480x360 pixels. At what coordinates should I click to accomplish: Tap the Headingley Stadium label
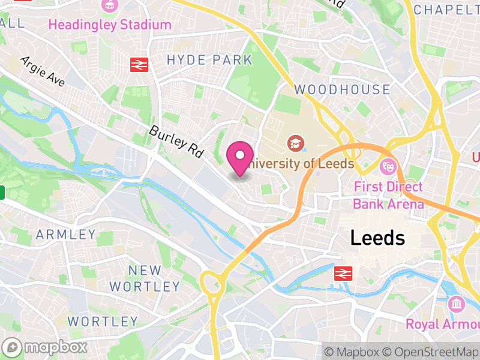(110, 25)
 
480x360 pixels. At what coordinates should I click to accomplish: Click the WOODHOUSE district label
(342, 90)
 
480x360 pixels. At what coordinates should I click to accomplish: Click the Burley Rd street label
(175, 142)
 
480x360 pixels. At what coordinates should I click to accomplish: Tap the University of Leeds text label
(301, 163)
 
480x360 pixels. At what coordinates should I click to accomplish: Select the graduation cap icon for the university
(295, 143)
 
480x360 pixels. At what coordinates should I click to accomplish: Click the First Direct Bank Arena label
(388, 196)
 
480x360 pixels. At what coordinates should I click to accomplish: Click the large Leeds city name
(377, 238)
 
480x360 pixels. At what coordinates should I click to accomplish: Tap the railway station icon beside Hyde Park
(139, 64)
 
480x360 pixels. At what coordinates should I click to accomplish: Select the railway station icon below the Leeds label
(343, 274)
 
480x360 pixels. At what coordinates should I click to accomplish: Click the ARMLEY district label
(66, 234)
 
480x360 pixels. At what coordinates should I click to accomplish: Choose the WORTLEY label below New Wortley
(103, 321)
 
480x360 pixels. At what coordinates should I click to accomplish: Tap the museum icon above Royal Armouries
(457, 304)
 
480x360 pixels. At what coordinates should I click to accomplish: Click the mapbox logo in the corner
(45, 347)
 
